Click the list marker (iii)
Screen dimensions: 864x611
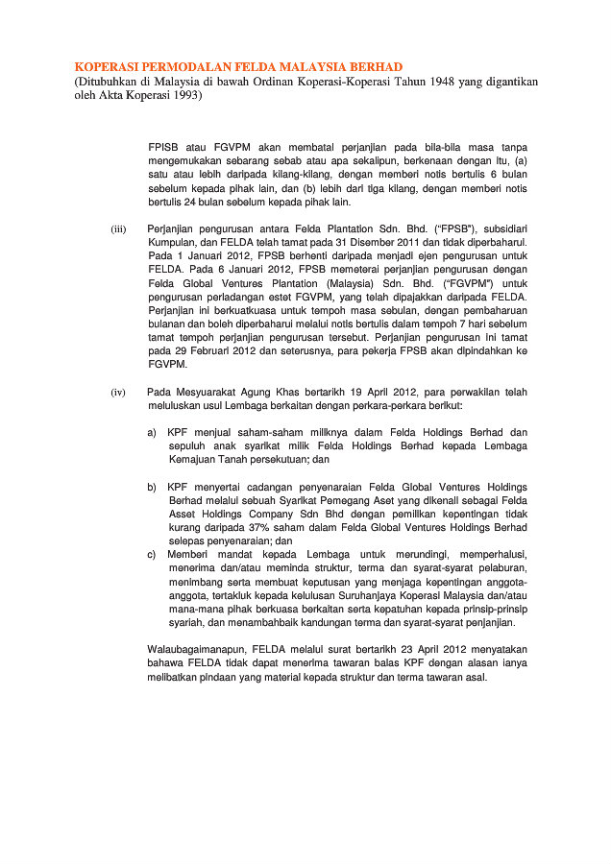[x=118, y=229]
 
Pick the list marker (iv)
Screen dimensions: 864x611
[x=118, y=393]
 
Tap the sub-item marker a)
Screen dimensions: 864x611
[x=152, y=433]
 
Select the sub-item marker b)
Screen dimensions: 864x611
[x=152, y=487]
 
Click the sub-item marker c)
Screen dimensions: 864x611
[x=152, y=554]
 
